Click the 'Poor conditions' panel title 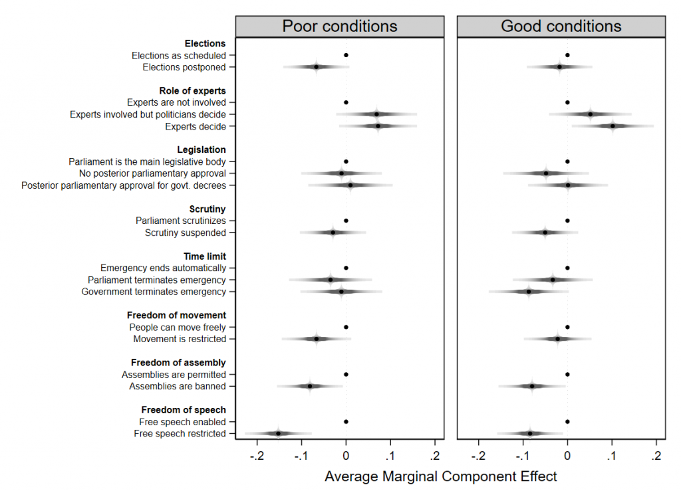(x=340, y=26)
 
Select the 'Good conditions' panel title (x=561, y=26)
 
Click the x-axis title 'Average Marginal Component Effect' (x=440, y=476)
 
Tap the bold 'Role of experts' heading (x=192, y=90)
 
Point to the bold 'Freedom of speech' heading (x=183, y=410)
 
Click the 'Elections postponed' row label (x=184, y=67)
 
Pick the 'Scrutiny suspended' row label (x=185, y=233)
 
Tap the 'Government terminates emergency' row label (x=154, y=292)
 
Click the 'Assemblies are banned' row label (x=178, y=386)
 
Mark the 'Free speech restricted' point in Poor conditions (x=278, y=433)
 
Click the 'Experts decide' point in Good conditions (x=613, y=126)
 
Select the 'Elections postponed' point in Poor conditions (x=316, y=66)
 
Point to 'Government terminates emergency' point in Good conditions (x=529, y=291)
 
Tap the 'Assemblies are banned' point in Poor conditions (x=309, y=386)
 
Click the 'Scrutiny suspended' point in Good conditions (x=545, y=232)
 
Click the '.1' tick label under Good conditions (x=612, y=455)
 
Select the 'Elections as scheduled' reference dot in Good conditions (x=567, y=55)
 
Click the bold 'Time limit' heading (x=205, y=256)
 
